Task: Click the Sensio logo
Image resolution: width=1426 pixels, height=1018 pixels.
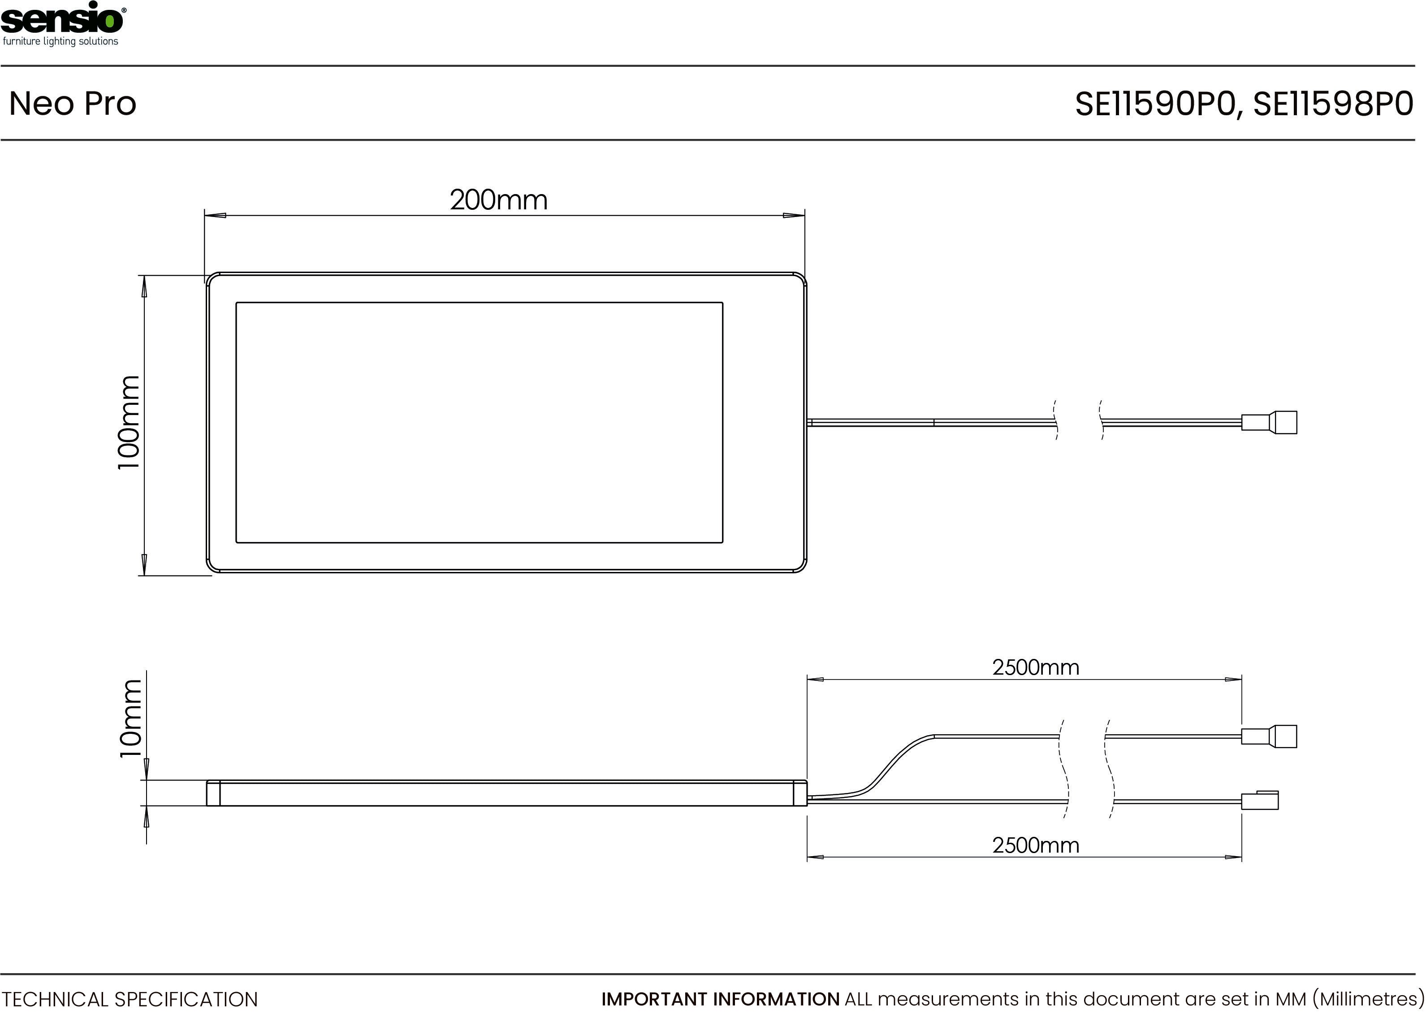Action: pyautogui.click(x=63, y=24)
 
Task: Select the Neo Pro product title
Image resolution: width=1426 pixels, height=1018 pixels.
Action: pyautogui.click(x=73, y=104)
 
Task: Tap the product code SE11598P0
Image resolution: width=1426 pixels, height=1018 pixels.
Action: pyautogui.click(x=1333, y=104)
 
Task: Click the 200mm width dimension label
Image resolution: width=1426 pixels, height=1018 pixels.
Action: pyautogui.click(x=499, y=200)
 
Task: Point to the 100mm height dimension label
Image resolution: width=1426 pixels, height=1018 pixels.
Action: pyautogui.click(x=129, y=423)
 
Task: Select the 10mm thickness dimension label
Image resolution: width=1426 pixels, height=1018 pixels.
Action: pyautogui.click(x=130, y=719)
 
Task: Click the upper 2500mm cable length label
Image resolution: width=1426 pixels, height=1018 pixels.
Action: pyautogui.click(x=1036, y=667)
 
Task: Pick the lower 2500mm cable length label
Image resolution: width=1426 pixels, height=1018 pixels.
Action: pyautogui.click(x=1036, y=845)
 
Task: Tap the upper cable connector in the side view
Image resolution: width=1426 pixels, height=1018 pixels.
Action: pyautogui.click(x=1269, y=736)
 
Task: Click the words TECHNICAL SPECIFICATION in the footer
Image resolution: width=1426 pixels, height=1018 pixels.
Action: pyautogui.click(x=130, y=999)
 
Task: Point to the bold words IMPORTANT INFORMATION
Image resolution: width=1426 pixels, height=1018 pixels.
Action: pyautogui.click(x=721, y=999)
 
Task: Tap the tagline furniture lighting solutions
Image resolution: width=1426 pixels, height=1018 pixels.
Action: pyautogui.click(x=61, y=41)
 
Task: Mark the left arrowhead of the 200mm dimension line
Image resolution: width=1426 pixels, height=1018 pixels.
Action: pyautogui.click(x=215, y=216)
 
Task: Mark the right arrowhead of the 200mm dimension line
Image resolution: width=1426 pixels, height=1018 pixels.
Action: pyautogui.click(x=794, y=216)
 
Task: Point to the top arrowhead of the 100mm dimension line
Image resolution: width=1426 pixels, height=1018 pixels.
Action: pyautogui.click(x=145, y=286)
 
